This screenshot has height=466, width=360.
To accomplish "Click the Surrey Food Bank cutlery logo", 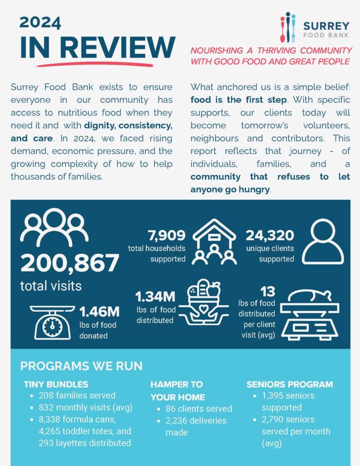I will [288, 27].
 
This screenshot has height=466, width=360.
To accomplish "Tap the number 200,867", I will [69, 263].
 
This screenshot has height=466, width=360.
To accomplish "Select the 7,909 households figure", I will [166, 235].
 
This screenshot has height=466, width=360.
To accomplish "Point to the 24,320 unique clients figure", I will [270, 235].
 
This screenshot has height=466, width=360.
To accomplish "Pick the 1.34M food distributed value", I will [155, 297].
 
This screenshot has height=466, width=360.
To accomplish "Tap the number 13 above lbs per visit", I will [268, 291].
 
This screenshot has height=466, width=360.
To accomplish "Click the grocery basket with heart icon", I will [203, 304].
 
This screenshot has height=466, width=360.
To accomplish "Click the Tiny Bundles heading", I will [56, 385].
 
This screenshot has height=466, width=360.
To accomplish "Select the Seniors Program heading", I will [289, 385].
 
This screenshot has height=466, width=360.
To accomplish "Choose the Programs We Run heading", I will [81, 366].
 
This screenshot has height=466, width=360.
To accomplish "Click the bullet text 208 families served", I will [77, 395].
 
